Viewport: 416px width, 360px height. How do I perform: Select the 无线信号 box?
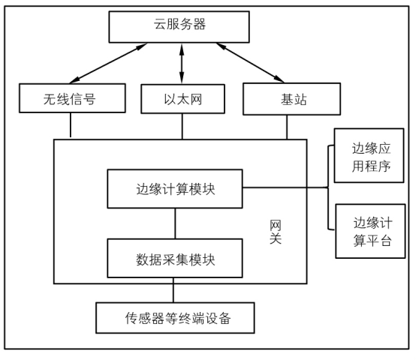coord(70,99)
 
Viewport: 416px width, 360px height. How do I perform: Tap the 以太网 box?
coord(182,99)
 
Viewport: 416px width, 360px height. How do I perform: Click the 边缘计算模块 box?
coord(176,189)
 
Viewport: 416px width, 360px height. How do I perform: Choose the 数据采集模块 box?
coord(176,259)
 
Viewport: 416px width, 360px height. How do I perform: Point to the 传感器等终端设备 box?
coord(176,318)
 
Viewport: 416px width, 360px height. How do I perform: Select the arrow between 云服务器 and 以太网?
coord(182,63)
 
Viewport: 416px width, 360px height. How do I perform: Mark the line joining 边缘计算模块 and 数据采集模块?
coord(176,223)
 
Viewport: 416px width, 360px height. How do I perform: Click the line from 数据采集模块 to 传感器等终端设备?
coord(173,290)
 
